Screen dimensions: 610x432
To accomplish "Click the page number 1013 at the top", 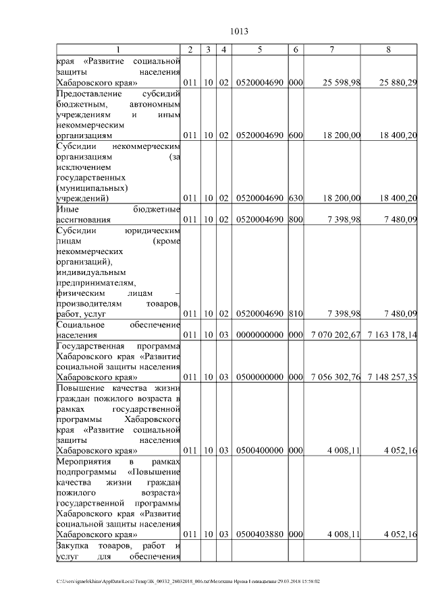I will click(240, 31).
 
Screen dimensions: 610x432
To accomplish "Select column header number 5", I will click(260, 50).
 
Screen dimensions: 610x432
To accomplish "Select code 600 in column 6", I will click(295, 135).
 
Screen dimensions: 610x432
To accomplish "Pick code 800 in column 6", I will click(295, 220).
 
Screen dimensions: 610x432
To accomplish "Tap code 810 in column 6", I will click(295, 313).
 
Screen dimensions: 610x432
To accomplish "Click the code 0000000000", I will click(260, 334).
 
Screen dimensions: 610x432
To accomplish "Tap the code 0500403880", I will click(260, 534).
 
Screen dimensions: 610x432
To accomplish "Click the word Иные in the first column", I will click(67, 209).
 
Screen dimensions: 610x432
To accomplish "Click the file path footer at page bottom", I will click(188, 580).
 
